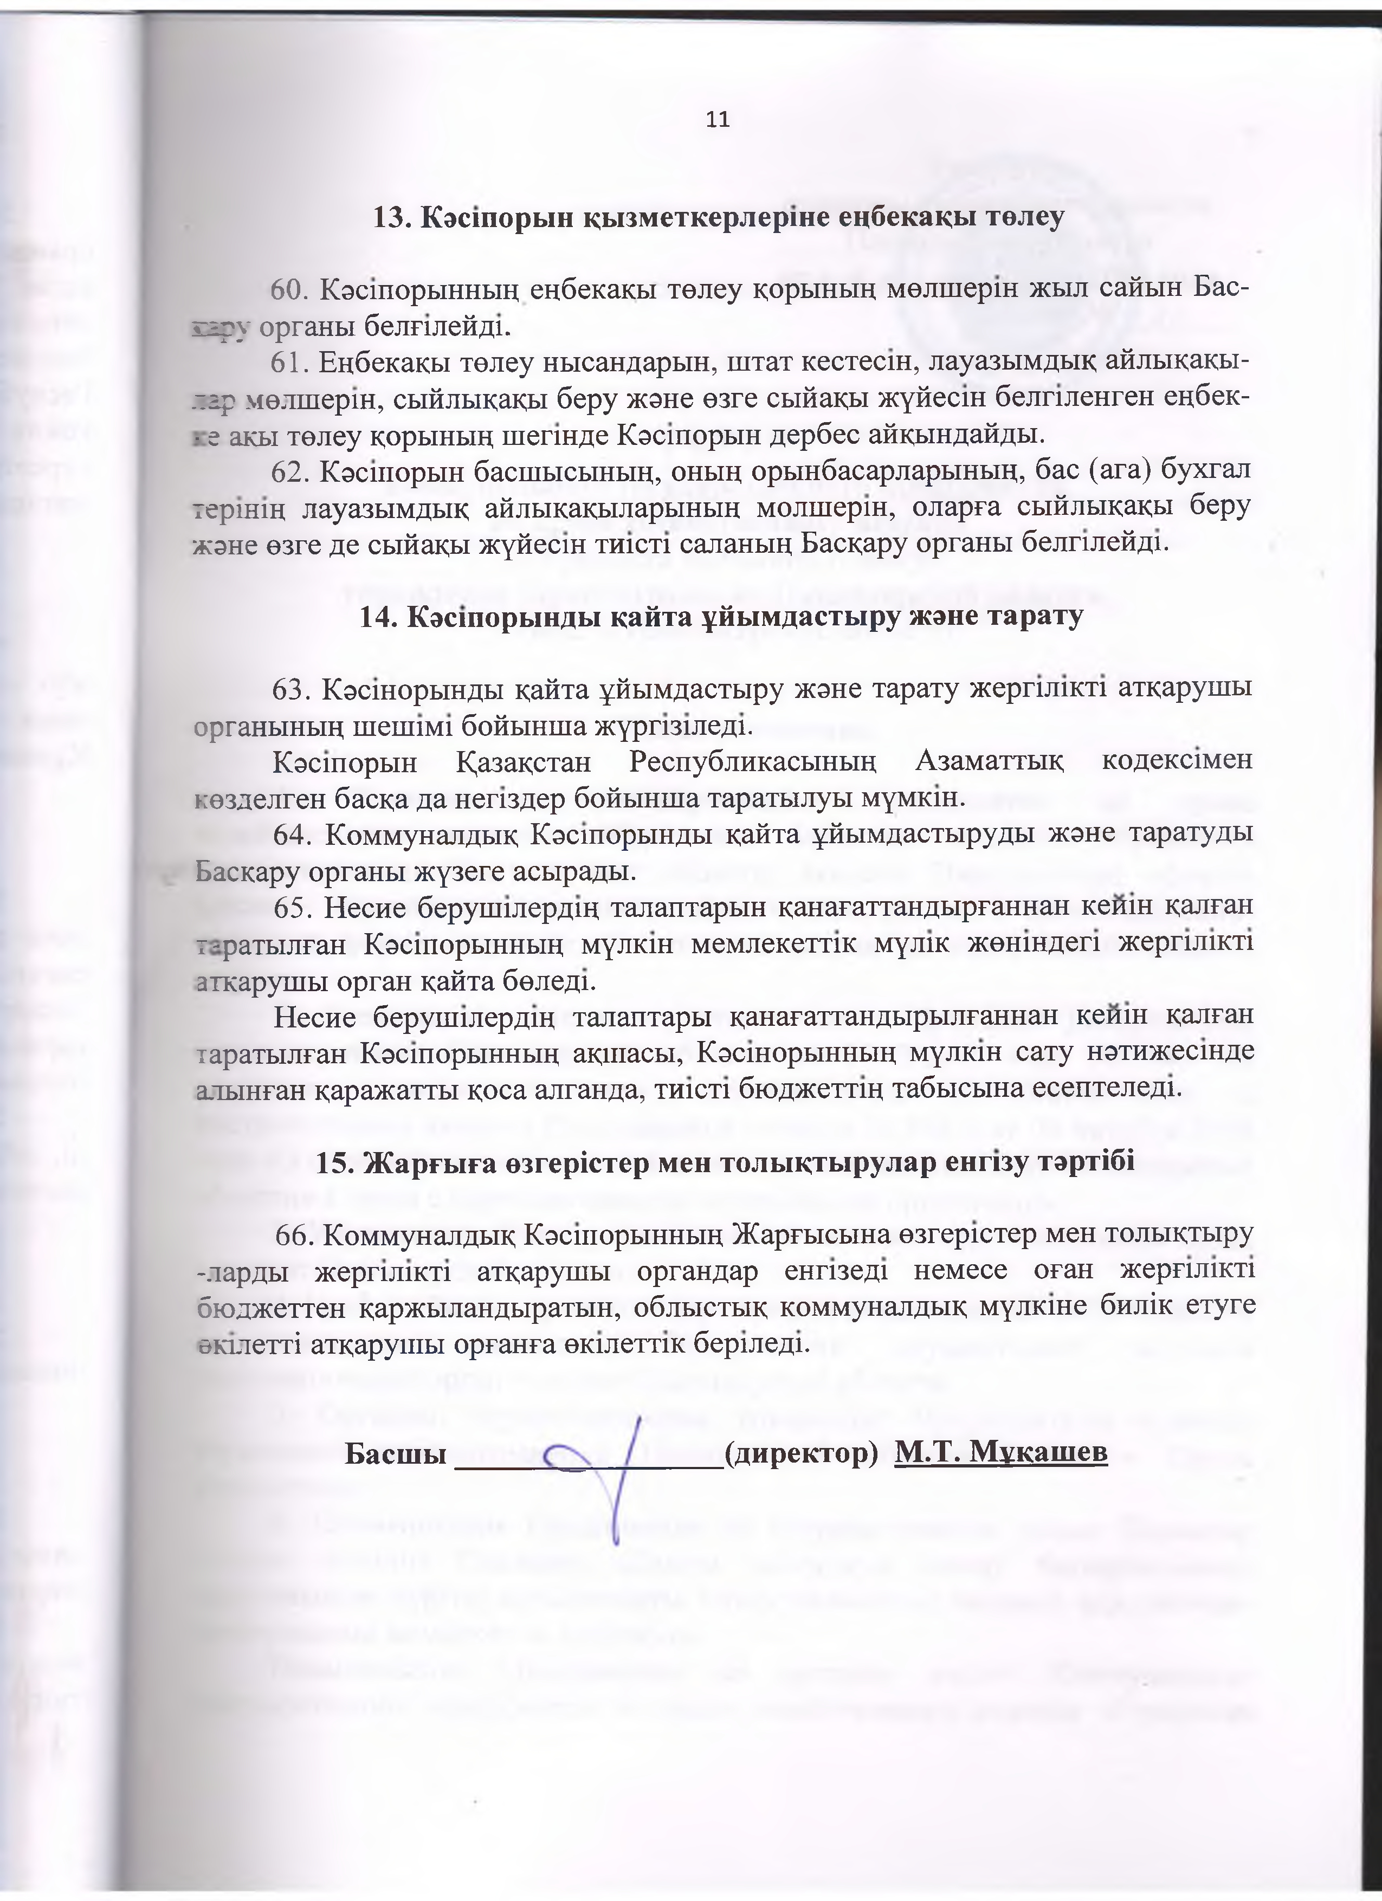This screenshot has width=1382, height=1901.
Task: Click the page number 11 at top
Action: coord(718,120)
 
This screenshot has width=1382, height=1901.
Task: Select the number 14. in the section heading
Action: coord(377,616)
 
